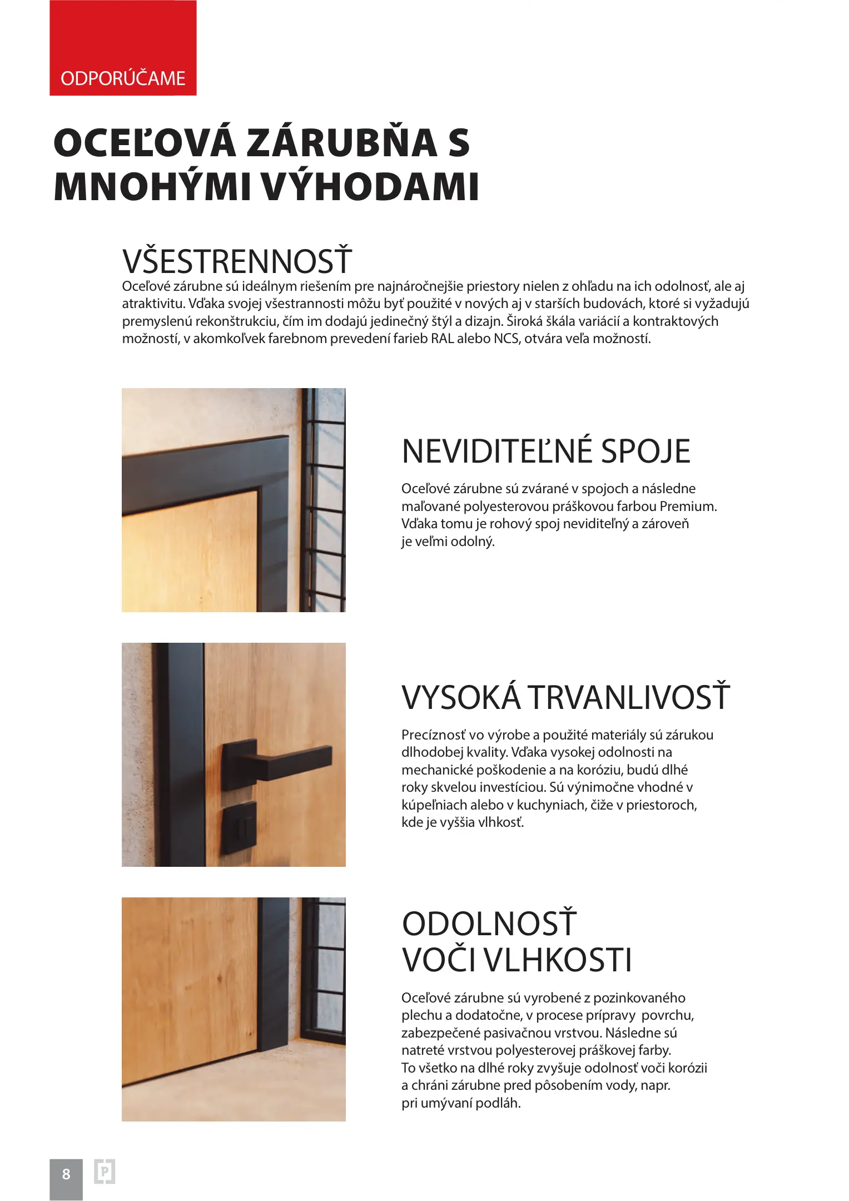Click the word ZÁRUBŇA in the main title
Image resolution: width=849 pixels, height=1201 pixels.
click(341, 143)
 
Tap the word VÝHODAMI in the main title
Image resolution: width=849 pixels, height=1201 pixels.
click(370, 187)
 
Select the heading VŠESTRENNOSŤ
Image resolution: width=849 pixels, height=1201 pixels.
click(237, 261)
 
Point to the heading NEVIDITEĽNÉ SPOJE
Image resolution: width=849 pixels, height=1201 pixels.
click(545, 451)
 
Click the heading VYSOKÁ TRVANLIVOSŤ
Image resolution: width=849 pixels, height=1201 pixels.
click(565, 697)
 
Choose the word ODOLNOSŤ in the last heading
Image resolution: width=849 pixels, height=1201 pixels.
click(489, 924)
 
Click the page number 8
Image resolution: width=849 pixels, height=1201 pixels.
click(66, 1174)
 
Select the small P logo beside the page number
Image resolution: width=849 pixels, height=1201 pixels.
click(105, 1172)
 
